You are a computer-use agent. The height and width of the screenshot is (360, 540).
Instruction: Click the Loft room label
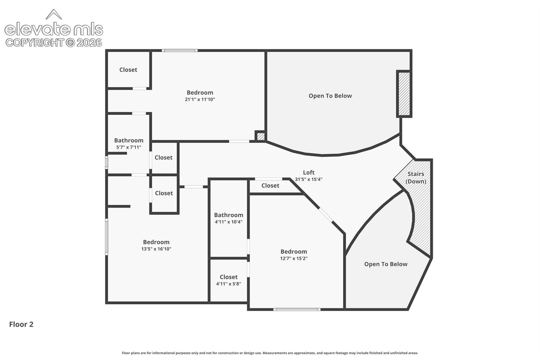[309, 172]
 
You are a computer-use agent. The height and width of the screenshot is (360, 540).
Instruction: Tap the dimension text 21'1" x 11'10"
[200, 99]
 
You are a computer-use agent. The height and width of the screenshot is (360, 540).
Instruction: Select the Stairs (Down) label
[416, 178]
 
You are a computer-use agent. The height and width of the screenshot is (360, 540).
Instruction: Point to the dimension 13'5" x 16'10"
[156, 249]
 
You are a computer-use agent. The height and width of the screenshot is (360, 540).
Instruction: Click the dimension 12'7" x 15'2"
[294, 258]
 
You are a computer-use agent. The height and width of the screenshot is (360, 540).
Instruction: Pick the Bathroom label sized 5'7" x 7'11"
[129, 140]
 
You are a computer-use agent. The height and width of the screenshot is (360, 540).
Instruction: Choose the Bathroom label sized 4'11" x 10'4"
[229, 215]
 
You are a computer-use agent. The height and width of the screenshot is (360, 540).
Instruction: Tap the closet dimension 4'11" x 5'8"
[229, 284]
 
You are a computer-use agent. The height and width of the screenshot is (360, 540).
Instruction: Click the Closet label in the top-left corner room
[128, 70]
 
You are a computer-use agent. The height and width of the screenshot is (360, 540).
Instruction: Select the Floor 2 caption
[21, 324]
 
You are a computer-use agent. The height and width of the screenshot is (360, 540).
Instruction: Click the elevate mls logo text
[54, 29]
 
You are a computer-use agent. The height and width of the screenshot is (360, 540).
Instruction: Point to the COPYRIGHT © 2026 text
[54, 43]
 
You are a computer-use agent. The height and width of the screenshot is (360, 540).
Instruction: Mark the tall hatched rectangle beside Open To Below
[404, 94]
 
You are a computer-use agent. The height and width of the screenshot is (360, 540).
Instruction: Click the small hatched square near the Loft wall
[260, 136]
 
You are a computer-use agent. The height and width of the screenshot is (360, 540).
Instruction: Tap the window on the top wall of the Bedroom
[180, 50]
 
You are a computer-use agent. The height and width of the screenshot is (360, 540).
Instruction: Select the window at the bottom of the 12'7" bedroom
[297, 309]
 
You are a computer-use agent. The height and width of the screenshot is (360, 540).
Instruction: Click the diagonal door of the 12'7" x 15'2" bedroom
[326, 215]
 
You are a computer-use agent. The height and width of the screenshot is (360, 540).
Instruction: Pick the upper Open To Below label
[330, 96]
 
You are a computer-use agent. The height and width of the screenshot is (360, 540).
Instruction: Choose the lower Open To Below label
[386, 264]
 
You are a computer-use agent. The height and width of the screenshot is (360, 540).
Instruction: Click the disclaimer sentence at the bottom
[270, 353]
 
